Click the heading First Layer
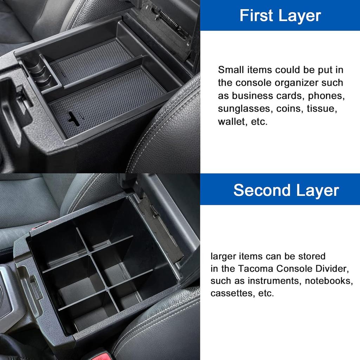280,16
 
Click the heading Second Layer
286,190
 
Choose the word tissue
322,109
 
